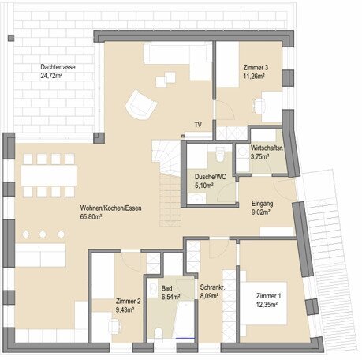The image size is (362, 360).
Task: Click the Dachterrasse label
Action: pos(58,67)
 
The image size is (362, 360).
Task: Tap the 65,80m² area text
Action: pos(91,217)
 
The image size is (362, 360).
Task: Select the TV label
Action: pos(198,125)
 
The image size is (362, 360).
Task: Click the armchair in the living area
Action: pos(141,105)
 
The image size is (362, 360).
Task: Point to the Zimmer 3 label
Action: pos(256,68)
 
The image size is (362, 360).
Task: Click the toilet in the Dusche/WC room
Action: pos(220,154)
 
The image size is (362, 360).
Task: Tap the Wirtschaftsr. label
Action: pos(267,148)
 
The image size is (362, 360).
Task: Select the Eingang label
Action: pos(262,204)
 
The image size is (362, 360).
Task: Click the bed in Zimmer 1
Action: pos(263,303)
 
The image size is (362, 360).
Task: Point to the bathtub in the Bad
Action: pos(185,320)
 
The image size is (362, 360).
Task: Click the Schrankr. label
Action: pos(212,287)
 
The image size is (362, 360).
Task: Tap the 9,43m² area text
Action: pos(125,309)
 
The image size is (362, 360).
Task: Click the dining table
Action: pos(49,175)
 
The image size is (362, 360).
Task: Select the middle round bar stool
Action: pos(43,234)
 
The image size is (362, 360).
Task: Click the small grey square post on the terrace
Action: pos(11,38)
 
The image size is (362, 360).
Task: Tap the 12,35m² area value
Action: pos(267,305)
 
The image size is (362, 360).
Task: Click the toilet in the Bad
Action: pos(159,332)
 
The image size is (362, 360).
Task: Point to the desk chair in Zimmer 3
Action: pos(259,106)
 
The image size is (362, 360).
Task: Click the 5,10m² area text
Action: pos(204,186)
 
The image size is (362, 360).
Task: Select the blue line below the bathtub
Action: pos(185,338)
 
